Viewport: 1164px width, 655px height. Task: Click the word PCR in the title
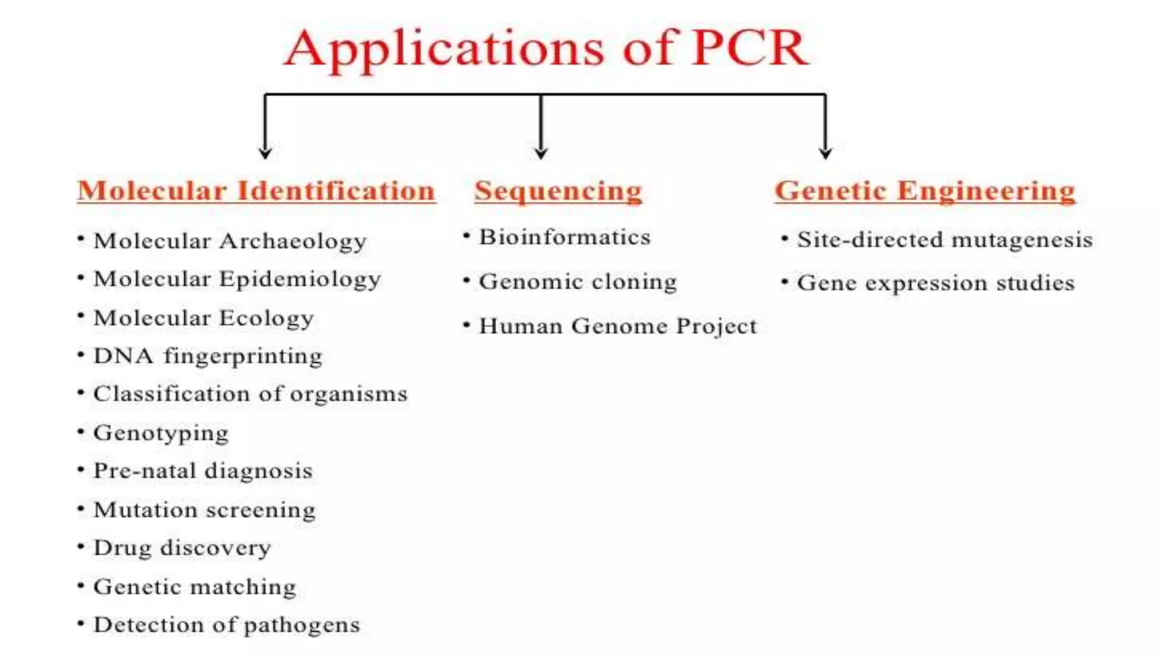click(750, 49)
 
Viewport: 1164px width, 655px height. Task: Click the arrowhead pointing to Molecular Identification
click(265, 152)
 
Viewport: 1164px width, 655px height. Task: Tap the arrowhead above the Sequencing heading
click(541, 152)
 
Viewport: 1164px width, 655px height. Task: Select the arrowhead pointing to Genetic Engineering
click(825, 152)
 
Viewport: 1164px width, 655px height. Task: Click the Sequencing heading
click(558, 191)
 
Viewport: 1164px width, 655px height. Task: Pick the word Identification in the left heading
click(336, 191)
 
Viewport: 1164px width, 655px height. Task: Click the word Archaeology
click(293, 242)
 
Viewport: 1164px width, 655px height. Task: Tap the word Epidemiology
click(300, 280)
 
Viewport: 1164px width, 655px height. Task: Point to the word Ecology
click(267, 318)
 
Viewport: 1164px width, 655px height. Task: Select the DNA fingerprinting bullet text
click(208, 356)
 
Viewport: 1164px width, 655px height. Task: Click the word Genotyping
click(161, 433)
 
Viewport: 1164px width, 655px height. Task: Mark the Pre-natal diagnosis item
click(203, 471)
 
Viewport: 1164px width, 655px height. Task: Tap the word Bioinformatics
click(564, 238)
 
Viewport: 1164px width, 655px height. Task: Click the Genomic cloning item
click(577, 282)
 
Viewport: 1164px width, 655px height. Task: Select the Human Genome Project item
click(618, 326)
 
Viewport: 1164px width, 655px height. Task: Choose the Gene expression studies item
click(936, 283)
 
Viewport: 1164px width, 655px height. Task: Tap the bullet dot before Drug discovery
click(81, 547)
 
